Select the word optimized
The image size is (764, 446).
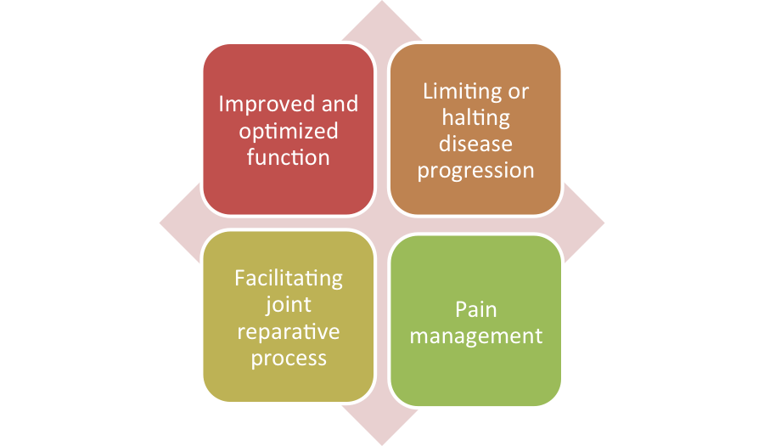click(289, 132)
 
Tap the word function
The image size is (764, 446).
click(289, 157)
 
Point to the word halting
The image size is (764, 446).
click(476, 118)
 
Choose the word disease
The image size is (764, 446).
click(475, 144)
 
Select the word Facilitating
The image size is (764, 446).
click(289, 279)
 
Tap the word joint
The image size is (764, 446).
click(289, 306)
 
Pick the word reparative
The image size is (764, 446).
click(289, 332)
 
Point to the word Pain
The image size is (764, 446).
click(476, 310)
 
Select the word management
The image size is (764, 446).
click(476, 336)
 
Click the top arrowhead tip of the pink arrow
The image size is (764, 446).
click(382, 1)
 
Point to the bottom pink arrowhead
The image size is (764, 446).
click(382, 427)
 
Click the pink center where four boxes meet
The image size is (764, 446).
click(382, 223)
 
